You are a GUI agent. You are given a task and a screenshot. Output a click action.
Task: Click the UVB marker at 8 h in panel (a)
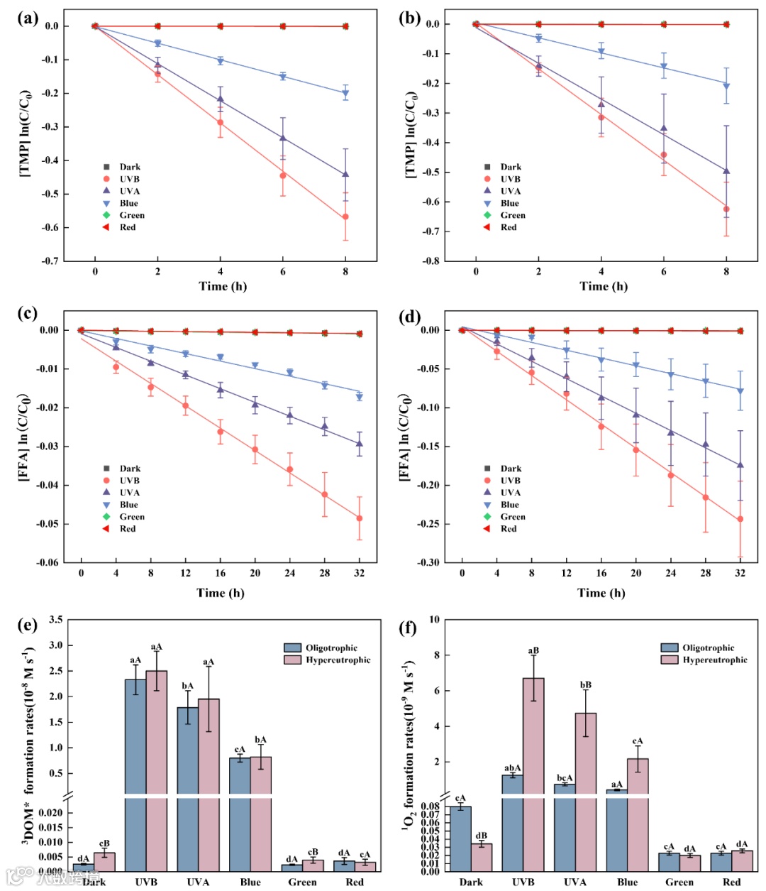(x=345, y=217)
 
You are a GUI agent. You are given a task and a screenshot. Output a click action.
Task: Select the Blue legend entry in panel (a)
(x=128, y=203)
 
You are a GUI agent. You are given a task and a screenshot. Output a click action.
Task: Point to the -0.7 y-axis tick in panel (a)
(x=50, y=261)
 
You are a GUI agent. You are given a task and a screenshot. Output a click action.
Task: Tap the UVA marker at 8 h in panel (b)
(x=726, y=170)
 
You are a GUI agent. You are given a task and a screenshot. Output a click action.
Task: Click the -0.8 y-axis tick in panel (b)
(x=431, y=261)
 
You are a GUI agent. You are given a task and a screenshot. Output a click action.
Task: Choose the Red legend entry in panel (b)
(x=508, y=227)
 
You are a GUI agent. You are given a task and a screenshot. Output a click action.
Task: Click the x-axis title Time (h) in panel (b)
(x=603, y=286)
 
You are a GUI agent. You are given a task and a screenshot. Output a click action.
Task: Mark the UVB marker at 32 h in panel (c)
(x=360, y=518)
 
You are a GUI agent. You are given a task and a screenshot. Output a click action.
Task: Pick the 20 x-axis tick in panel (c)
(x=255, y=573)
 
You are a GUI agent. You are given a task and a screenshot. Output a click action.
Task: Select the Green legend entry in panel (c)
(x=131, y=516)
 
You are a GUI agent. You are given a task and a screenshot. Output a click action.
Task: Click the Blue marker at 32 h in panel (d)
(x=740, y=390)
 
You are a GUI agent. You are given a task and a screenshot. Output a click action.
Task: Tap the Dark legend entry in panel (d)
(x=510, y=469)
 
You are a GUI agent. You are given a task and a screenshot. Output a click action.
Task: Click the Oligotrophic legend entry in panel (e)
(x=331, y=647)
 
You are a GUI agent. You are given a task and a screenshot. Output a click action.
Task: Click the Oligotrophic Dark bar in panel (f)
(x=460, y=838)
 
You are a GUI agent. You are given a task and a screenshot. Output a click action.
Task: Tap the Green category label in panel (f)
(x=679, y=882)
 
